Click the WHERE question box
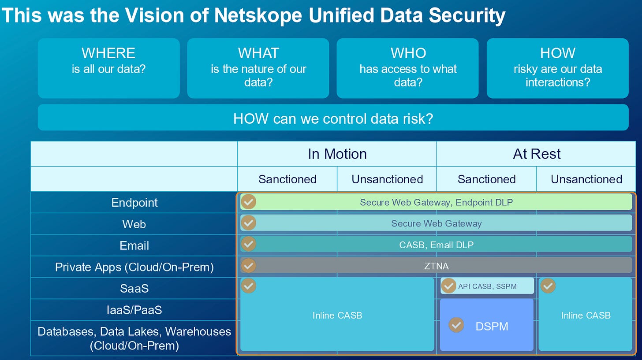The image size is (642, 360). tap(108, 68)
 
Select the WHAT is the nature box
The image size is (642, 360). tap(258, 68)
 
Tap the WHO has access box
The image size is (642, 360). tap(407, 68)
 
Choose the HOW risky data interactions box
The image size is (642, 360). tap(557, 68)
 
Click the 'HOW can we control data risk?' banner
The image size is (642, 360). tap(333, 118)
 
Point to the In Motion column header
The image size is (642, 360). tap(337, 154)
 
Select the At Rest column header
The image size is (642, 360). tap(537, 154)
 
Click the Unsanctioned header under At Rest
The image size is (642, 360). tap(586, 179)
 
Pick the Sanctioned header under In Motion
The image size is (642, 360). tap(287, 179)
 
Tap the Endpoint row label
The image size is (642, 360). tap(134, 203)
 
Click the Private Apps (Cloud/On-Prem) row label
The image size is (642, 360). tap(134, 267)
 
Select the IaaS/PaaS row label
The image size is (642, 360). tap(134, 310)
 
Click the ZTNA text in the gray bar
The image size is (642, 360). tap(436, 266)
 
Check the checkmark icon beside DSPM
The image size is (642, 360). tap(456, 325)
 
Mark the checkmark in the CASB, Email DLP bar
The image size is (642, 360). tap(249, 244)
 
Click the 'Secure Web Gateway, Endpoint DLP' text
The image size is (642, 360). tap(436, 202)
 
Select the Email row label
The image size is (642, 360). tap(134, 245)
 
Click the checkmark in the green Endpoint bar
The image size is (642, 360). tap(249, 202)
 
